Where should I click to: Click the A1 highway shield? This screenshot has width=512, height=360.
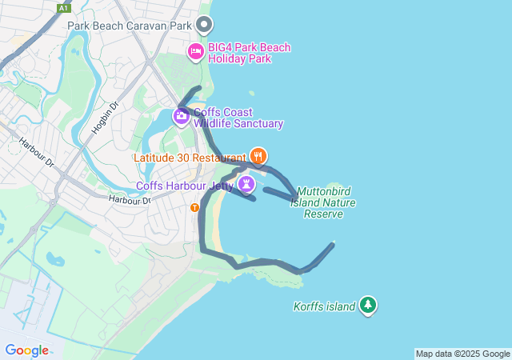(x=64, y=8)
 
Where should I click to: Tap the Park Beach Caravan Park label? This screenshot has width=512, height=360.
(x=130, y=26)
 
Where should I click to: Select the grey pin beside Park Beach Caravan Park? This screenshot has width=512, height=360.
(x=205, y=24)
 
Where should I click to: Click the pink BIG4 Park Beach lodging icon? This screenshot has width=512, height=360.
(x=195, y=52)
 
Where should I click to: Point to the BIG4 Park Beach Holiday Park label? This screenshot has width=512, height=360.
(x=249, y=53)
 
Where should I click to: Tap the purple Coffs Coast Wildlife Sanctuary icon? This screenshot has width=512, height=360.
(x=181, y=118)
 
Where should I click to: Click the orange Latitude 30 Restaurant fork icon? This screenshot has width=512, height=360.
(x=258, y=155)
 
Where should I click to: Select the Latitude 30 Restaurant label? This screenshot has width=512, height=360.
(x=190, y=158)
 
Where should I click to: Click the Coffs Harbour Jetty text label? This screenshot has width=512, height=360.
(x=185, y=186)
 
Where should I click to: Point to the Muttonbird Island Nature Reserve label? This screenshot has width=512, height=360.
(x=326, y=203)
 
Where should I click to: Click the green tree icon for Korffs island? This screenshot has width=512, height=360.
(x=368, y=305)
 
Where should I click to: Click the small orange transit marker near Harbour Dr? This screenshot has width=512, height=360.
(x=195, y=208)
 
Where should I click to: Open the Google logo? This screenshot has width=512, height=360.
(x=26, y=350)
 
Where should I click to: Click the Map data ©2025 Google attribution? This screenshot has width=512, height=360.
(x=462, y=354)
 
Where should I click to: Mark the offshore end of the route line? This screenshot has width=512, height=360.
(x=333, y=243)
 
